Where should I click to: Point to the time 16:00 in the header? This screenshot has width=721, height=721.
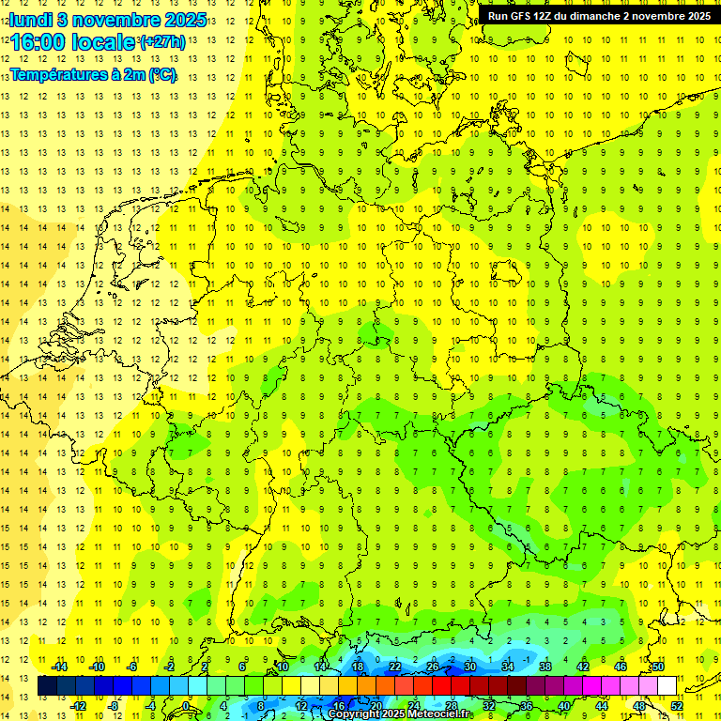click(x=38, y=42)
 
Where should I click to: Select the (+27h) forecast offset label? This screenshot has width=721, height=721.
click(x=162, y=42)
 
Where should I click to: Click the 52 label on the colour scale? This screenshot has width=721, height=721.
click(x=677, y=705)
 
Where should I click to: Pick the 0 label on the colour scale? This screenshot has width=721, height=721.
click(x=186, y=705)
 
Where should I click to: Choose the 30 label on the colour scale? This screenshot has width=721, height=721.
click(x=469, y=667)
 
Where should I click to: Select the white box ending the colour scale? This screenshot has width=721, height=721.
click(x=667, y=686)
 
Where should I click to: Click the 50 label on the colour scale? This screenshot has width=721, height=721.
click(x=658, y=667)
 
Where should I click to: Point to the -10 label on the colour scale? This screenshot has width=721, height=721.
click(x=96, y=667)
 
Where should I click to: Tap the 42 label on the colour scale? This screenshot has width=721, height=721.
click(x=582, y=667)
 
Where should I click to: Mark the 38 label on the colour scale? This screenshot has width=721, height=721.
click(x=545, y=667)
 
